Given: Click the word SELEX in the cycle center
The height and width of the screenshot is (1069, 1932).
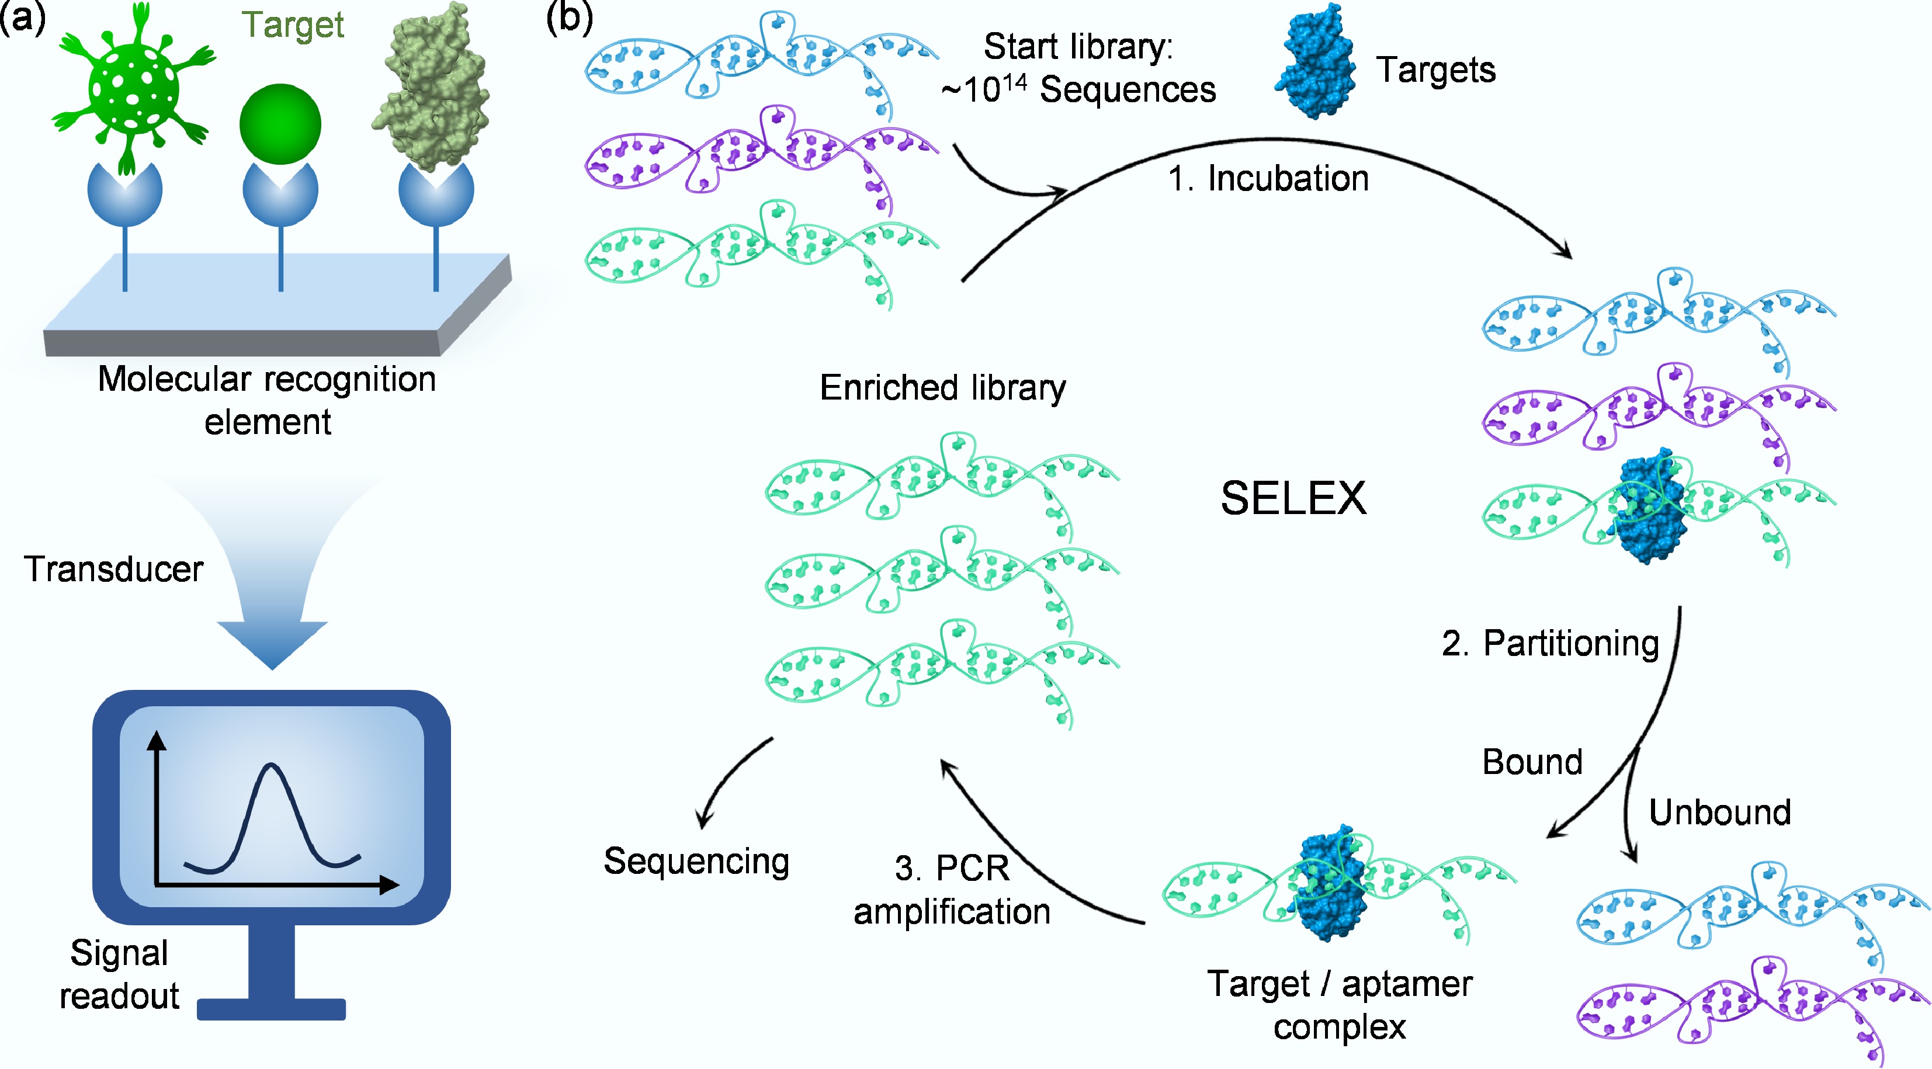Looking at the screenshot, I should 1293,498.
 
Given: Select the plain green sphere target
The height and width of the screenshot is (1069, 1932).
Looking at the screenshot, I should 280,124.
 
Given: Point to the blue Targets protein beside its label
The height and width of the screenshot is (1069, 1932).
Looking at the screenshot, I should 1316,64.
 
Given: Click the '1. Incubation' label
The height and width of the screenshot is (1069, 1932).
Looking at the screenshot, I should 1268,179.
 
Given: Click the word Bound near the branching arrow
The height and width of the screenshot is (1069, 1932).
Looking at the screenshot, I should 1532,762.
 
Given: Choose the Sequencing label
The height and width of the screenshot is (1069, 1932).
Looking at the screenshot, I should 696,861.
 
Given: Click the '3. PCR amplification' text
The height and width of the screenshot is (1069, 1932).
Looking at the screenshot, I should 952,890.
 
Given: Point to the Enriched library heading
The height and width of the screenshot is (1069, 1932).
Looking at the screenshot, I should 943,388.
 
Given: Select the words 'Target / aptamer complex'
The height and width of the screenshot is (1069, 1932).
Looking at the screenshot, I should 1340,1005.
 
